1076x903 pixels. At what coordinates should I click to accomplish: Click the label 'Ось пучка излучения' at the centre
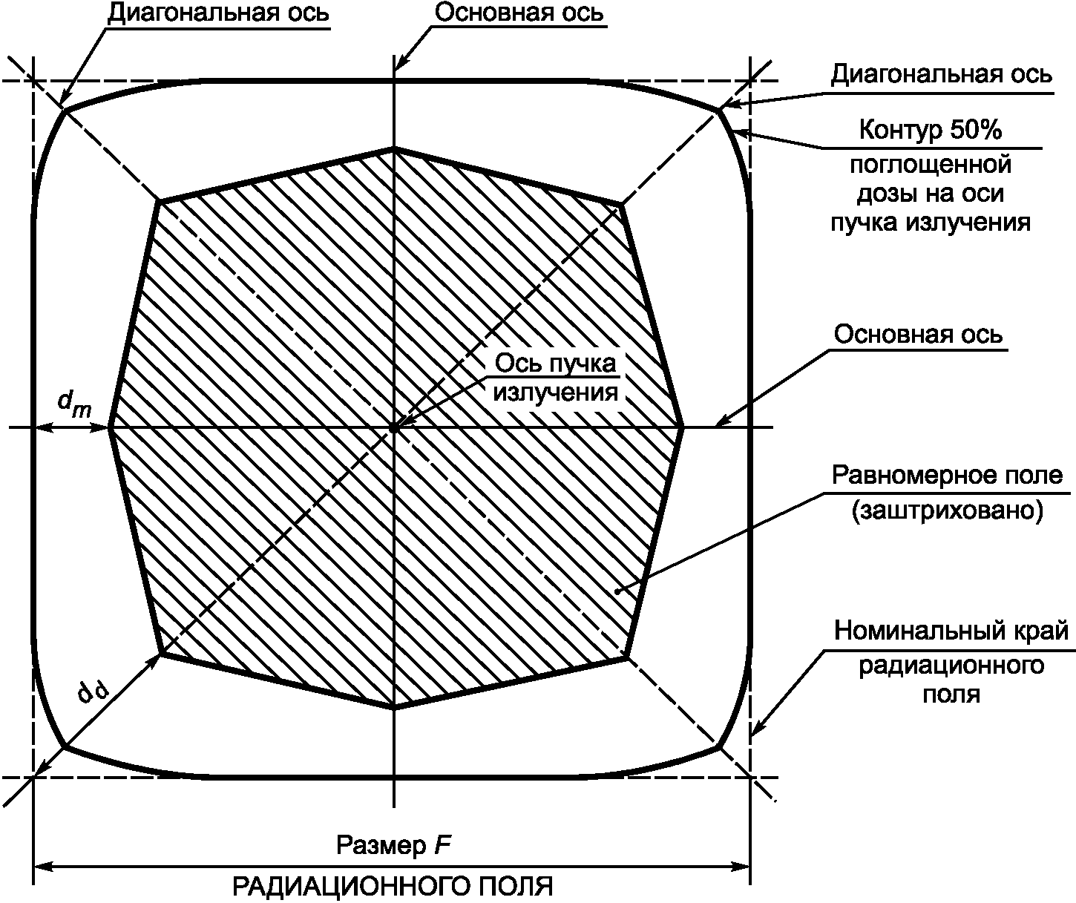(556, 378)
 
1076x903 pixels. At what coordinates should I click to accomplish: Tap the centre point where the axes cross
(394, 427)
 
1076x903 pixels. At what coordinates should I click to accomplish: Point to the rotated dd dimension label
(95, 694)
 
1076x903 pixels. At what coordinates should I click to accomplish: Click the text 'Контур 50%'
(931, 131)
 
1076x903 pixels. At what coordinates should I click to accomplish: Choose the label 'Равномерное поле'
(947, 475)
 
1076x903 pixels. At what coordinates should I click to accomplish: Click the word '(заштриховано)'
(947, 511)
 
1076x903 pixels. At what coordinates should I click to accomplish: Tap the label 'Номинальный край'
(951, 631)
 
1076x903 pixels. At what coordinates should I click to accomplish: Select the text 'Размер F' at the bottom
(395, 845)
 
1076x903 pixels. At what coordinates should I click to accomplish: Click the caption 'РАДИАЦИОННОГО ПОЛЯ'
(394, 887)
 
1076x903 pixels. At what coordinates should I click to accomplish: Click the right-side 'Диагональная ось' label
(940, 75)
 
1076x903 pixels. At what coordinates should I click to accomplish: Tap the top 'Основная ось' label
(519, 13)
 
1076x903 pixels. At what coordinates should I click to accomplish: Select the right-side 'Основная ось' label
(918, 334)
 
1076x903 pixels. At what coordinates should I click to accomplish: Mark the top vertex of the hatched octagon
(394, 148)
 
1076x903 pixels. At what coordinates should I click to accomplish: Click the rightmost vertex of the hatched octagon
(682, 427)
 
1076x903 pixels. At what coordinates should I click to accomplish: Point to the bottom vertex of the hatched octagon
(394, 707)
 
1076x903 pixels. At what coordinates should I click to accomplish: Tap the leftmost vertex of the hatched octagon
(111, 427)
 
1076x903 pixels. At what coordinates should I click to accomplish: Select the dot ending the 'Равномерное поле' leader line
(617, 591)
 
